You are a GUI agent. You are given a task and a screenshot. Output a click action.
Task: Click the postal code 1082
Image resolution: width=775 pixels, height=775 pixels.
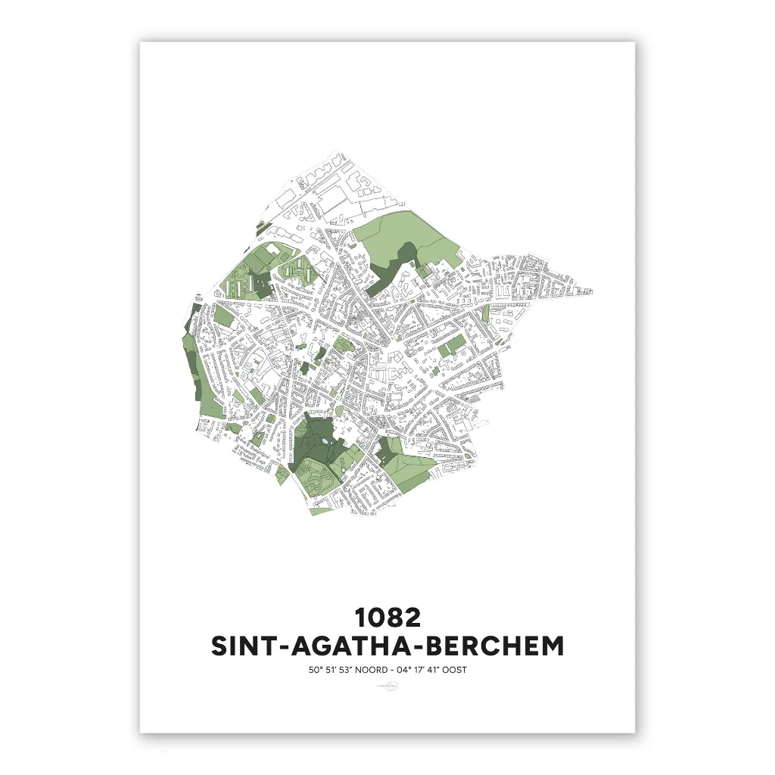coord(387,618)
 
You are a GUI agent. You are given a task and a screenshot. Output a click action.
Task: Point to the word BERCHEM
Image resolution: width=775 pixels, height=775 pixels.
coord(502,647)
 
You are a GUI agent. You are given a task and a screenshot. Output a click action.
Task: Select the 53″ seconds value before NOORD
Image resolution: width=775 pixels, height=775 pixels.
coord(346,670)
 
